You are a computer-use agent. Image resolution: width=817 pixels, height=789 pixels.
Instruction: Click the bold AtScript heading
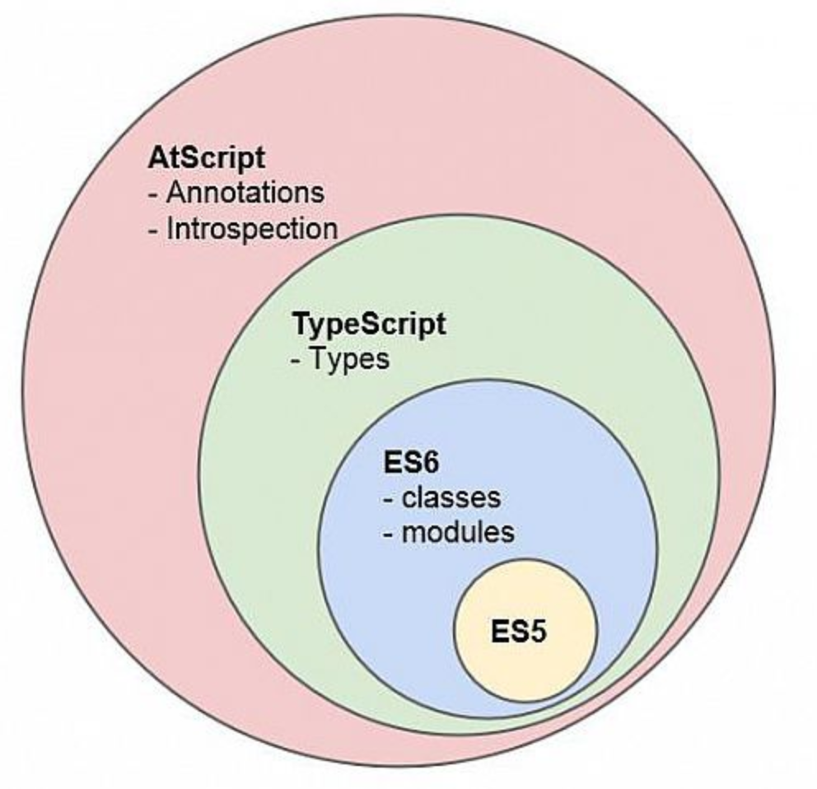[x=207, y=158]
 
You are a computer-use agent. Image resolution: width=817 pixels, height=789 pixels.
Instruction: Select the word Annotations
[x=245, y=192]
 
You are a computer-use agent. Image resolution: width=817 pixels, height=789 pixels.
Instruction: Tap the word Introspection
[x=252, y=229]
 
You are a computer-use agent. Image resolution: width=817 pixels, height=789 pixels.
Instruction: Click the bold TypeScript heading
[x=370, y=325]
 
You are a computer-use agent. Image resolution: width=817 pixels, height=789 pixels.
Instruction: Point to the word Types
[x=350, y=359]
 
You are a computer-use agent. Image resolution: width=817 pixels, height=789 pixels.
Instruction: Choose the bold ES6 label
[x=411, y=462]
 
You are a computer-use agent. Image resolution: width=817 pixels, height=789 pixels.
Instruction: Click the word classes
[x=451, y=497]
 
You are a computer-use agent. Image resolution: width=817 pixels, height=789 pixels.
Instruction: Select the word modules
[x=458, y=532]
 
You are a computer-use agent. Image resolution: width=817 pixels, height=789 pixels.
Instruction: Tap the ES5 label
[x=518, y=632]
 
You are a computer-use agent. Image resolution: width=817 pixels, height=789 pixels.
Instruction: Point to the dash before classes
[x=388, y=500]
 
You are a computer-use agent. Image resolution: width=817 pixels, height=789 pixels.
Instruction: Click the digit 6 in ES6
[x=430, y=462]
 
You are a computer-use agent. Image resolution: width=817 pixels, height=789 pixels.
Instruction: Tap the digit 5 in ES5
[x=538, y=632]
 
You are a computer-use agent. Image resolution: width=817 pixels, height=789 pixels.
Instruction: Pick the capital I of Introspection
[x=170, y=228]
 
